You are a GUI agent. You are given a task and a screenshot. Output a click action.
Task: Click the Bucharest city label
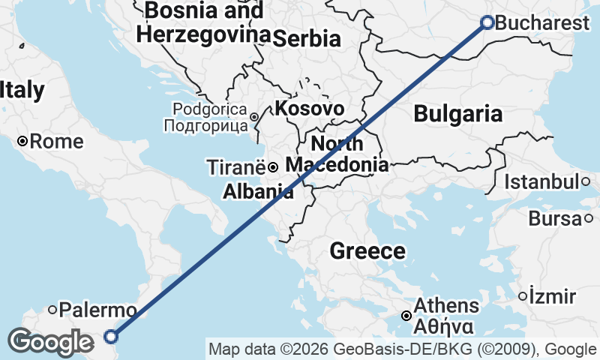tap(543, 23)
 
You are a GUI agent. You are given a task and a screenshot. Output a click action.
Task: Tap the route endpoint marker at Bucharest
tap(487, 22)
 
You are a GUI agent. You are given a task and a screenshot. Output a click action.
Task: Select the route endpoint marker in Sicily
tap(111, 337)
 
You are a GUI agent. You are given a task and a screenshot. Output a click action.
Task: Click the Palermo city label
tap(98, 310)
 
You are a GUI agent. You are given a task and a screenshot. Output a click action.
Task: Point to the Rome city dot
tap(22, 141)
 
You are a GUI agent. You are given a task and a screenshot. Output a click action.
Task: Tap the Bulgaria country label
tap(457, 114)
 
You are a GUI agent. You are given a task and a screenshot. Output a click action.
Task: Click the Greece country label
tap(367, 251)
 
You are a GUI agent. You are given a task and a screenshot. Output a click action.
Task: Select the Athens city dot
tap(406, 316)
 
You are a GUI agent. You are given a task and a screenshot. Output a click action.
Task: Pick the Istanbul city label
tap(541, 181)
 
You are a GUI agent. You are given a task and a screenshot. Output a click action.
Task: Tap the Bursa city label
tap(554, 219)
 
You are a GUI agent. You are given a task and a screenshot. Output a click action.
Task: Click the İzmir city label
tap(552, 295)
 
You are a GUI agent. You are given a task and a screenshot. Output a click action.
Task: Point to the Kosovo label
tap(310, 109)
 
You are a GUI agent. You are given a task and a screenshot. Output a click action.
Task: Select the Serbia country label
tap(306, 40)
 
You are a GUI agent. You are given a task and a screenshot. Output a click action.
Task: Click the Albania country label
tap(258, 192)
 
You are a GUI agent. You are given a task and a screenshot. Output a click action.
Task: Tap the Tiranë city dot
tap(274, 166)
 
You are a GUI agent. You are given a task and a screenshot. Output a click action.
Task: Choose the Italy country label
tap(22, 91)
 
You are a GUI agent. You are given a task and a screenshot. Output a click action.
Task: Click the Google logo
tap(50, 342)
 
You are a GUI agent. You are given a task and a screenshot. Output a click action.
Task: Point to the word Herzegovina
tap(204, 34)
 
